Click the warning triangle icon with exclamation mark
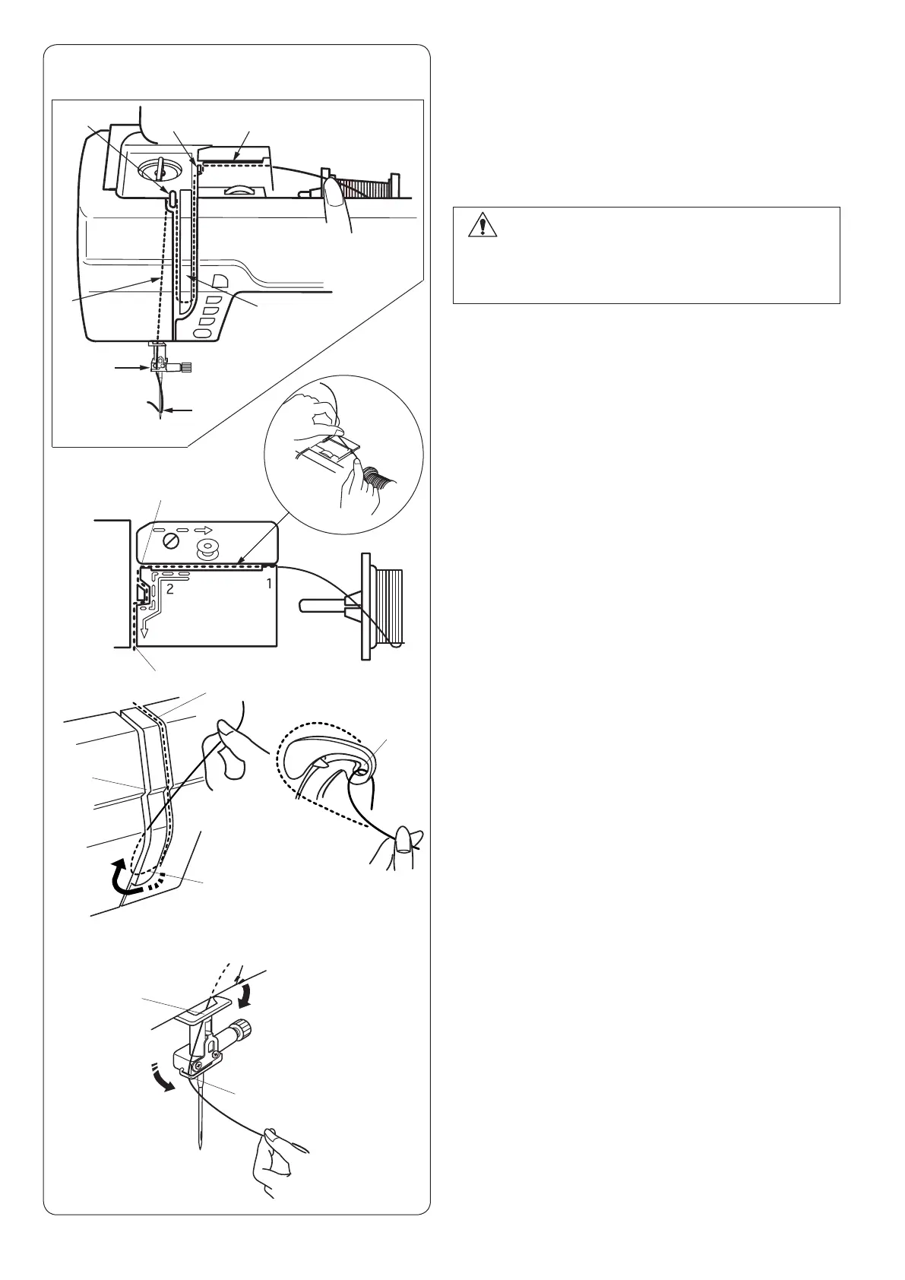pyautogui.click(x=481, y=226)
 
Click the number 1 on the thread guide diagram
pyautogui.click(x=268, y=584)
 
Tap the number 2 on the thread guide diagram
pyautogui.click(x=170, y=588)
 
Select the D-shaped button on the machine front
pyautogui.click(x=219, y=279)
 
